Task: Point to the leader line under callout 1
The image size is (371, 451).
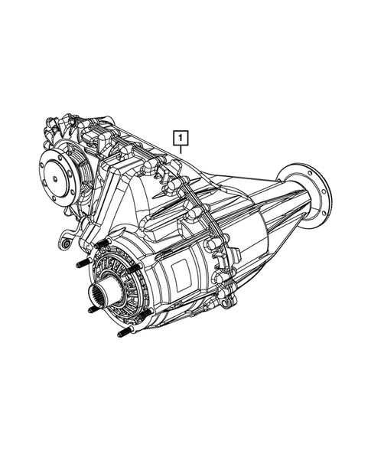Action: [x=181, y=151]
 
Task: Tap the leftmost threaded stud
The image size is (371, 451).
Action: [x=80, y=265]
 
